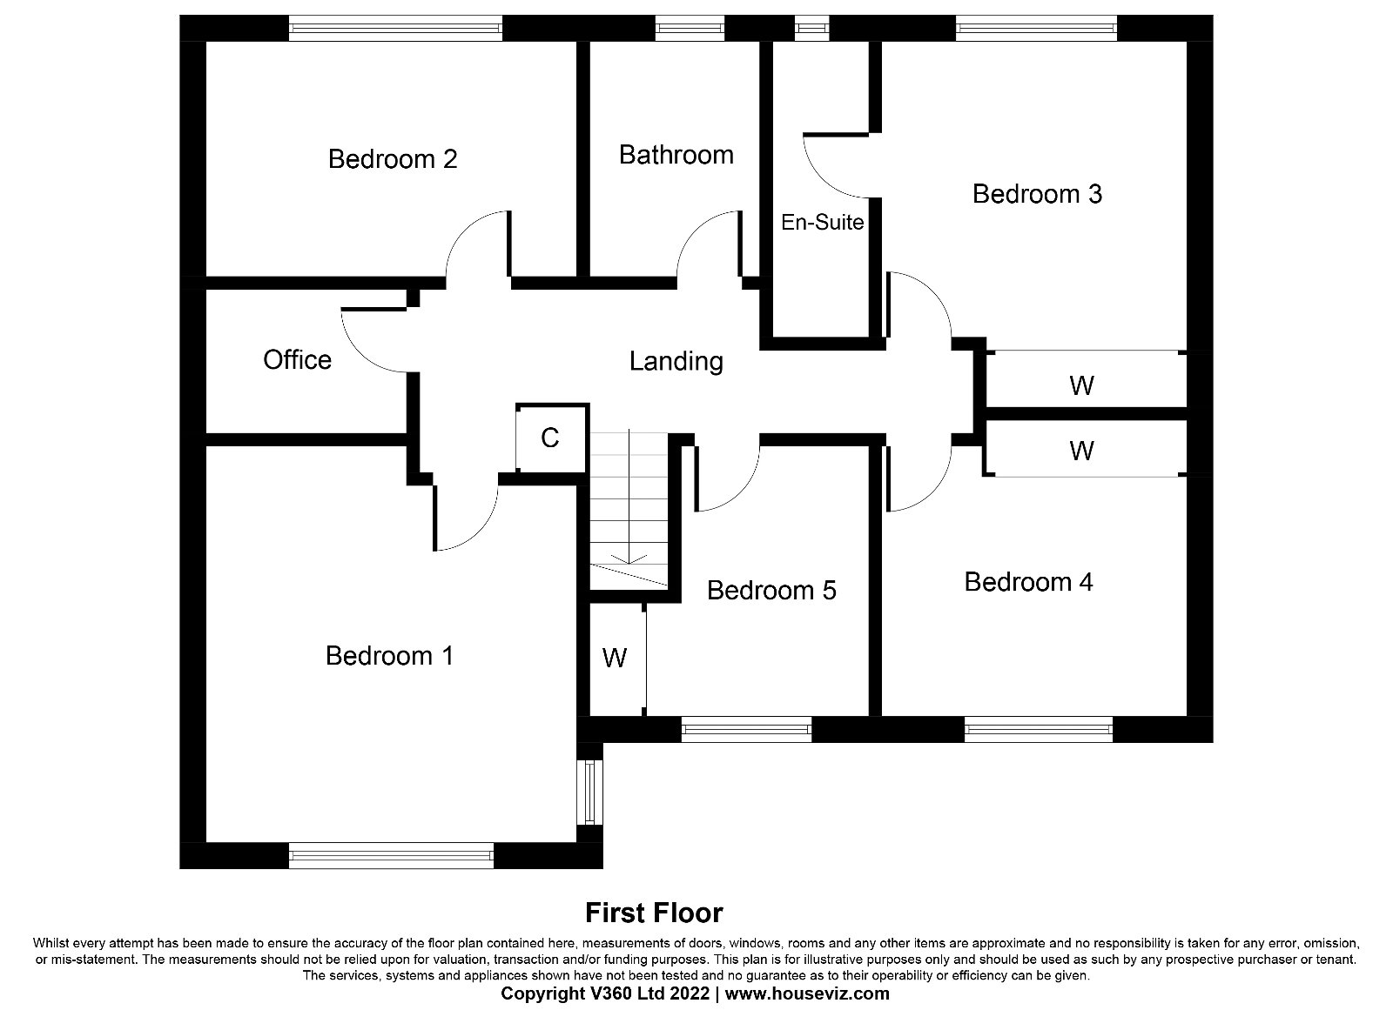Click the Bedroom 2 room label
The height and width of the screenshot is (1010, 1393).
393,159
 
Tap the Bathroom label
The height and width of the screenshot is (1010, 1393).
676,155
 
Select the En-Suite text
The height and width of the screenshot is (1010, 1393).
822,222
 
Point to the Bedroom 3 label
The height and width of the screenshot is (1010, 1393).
1037,194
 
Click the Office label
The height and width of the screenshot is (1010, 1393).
297,360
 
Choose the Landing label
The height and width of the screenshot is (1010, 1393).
676,362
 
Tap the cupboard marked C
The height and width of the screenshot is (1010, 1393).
549,438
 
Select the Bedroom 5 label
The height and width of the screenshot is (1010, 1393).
771,591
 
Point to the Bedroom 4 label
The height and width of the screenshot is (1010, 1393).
1028,582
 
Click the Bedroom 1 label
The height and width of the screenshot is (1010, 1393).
389,656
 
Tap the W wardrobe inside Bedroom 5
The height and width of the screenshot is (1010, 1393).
615,658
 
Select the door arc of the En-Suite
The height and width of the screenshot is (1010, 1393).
836,166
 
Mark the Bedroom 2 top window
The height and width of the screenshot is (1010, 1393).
395,28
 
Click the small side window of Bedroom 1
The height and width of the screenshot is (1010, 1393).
589,793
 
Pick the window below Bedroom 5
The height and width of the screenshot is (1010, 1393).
746,729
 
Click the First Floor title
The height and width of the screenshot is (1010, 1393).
654,913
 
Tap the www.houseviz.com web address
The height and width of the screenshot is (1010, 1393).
807,993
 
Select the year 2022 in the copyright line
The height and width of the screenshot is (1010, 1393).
689,993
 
